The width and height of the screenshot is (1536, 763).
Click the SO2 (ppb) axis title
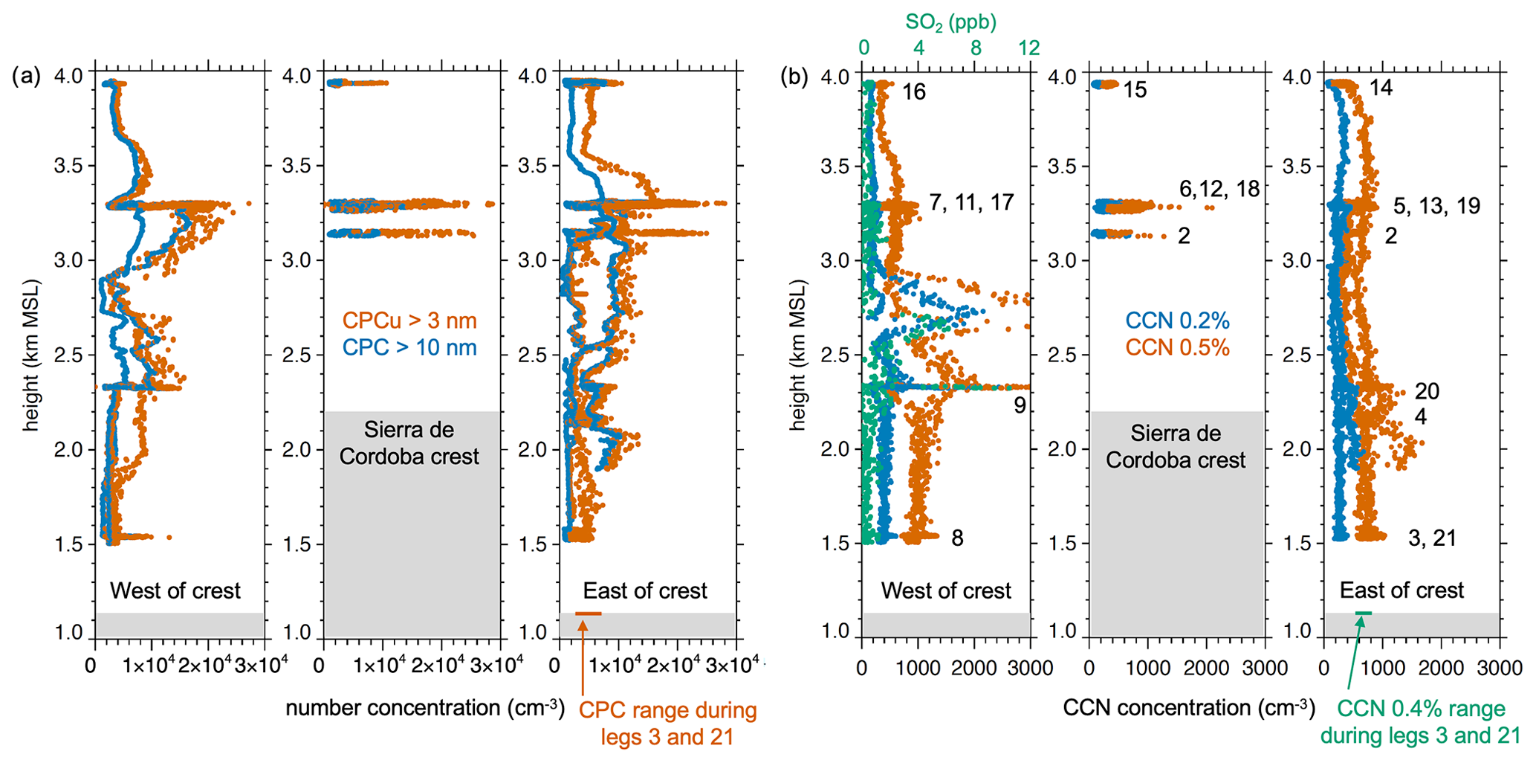click(x=950, y=22)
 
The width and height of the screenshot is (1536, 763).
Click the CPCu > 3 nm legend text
click(x=409, y=321)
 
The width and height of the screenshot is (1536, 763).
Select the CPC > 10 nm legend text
click(x=409, y=347)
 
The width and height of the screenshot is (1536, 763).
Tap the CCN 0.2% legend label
click(x=1177, y=321)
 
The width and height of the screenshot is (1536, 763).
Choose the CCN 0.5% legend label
click(x=1177, y=347)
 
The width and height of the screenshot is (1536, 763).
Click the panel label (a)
click(x=26, y=76)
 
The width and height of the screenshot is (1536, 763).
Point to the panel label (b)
click(x=794, y=76)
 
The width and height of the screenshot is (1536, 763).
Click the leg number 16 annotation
click(x=914, y=92)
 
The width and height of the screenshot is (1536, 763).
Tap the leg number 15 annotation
click(x=1135, y=91)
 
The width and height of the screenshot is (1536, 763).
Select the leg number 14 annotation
click(x=1381, y=88)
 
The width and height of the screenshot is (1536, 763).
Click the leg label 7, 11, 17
click(x=971, y=202)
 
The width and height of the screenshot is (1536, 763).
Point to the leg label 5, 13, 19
click(x=1436, y=206)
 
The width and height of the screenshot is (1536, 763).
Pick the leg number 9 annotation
click(x=1020, y=405)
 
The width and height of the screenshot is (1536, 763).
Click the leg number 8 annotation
click(x=957, y=538)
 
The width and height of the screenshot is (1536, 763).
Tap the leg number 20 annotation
click(x=1427, y=391)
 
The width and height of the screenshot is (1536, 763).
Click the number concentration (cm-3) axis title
click(x=425, y=708)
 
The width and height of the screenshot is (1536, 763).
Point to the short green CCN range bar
click(x=1364, y=613)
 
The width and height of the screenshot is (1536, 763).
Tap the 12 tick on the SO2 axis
click(x=1028, y=48)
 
